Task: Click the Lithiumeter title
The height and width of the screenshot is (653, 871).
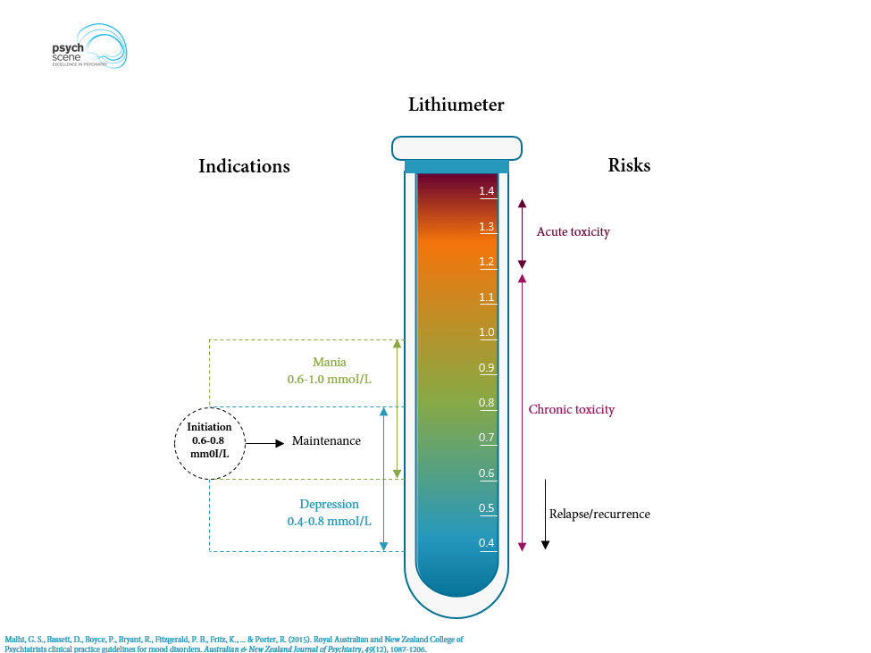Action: point(456,105)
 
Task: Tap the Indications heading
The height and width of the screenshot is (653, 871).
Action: point(244,166)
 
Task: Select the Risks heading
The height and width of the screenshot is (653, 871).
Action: point(629,165)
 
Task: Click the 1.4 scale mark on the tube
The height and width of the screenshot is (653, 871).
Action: point(487,191)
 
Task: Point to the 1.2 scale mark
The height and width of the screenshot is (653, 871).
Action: point(487,262)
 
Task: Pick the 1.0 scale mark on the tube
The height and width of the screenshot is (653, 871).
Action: point(487,332)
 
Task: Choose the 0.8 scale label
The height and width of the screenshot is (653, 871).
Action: point(487,403)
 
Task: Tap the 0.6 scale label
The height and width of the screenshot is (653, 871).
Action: point(487,473)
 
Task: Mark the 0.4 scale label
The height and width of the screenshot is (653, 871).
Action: point(487,543)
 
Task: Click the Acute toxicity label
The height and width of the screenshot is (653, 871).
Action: point(573,232)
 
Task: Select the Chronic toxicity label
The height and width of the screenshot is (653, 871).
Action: point(572,410)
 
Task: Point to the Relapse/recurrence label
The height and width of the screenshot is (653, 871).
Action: point(599,515)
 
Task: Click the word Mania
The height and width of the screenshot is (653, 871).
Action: point(329,363)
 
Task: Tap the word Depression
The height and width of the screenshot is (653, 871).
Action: point(329,505)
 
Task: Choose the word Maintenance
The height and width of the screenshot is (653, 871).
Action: point(326,441)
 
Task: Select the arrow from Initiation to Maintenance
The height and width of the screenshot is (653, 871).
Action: point(265,442)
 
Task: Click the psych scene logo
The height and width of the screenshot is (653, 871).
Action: point(88,50)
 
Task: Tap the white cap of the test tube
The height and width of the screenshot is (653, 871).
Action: point(456,147)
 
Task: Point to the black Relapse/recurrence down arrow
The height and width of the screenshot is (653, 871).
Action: point(545,514)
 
